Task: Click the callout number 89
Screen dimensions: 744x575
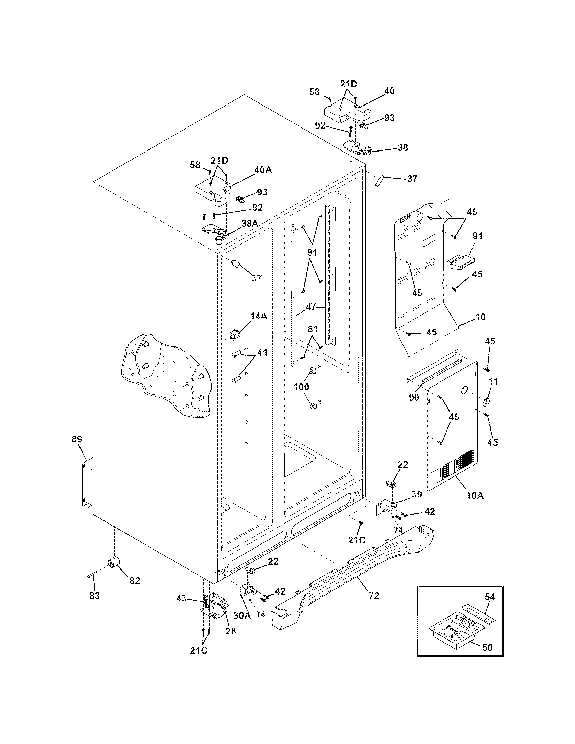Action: pyautogui.click(x=77, y=439)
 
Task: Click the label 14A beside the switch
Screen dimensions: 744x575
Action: pyautogui.click(x=258, y=316)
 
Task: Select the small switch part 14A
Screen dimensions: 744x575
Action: pyautogui.click(x=235, y=335)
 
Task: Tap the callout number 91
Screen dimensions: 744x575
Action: pyautogui.click(x=477, y=235)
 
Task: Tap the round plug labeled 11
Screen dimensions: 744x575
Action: pyautogui.click(x=485, y=402)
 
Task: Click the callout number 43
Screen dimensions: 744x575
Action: pyautogui.click(x=182, y=598)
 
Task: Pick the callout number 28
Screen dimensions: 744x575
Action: pyautogui.click(x=231, y=631)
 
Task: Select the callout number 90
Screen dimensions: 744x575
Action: pyautogui.click(x=414, y=397)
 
